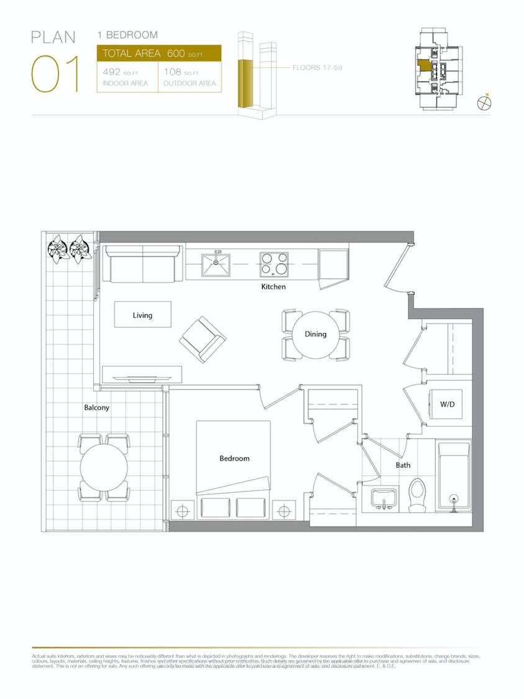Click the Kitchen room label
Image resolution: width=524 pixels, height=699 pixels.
(x=273, y=287)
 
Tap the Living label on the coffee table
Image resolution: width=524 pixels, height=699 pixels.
(x=142, y=315)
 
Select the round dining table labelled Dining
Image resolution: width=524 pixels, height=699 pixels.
(x=315, y=334)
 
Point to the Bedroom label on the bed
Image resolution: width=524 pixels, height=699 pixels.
(x=234, y=458)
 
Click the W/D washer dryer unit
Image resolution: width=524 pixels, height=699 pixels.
(x=447, y=404)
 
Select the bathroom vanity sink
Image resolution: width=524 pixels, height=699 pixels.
(x=384, y=498)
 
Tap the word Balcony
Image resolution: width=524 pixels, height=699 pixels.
(x=96, y=407)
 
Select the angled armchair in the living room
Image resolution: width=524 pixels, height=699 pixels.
(x=202, y=339)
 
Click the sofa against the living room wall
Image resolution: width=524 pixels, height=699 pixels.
(x=142, y=265)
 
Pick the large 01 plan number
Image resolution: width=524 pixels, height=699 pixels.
(x=55, y=74)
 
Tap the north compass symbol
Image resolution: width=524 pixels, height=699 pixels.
(x=484, y=102)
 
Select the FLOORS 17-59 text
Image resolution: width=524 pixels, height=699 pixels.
(x=317, y=67)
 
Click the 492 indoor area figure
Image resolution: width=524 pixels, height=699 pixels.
(x=111, y=72)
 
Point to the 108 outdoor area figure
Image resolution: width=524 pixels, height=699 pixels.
(x=172, y=72)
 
